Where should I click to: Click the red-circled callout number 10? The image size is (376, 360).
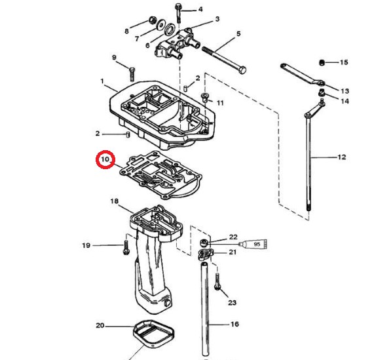tap(105, 159)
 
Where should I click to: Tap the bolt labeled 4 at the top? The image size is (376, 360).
tap(178, 13)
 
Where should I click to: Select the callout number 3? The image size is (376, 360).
tap(217, 19)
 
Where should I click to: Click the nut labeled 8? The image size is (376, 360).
tap(152, 20)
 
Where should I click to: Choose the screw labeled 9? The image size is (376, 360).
tap(132, 74)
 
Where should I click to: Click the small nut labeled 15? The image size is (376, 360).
tap(322, 63)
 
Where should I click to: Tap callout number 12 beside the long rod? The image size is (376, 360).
tap(342, 157)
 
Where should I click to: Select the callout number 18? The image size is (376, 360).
tap(115, 201)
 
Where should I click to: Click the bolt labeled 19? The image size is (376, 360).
tap(126, 247)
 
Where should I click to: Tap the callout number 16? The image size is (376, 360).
tap(235, 324)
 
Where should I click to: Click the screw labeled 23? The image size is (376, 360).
tap(217, 282)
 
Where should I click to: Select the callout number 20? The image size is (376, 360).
tap(100, 326)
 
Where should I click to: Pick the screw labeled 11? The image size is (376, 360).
tap(205, 97)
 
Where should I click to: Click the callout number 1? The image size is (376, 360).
tap(102, 81)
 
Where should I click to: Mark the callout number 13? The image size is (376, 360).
tap(345, 91)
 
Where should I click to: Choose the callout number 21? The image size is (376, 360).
tap(233, 252)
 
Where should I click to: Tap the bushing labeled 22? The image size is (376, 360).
tap(204, 243)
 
